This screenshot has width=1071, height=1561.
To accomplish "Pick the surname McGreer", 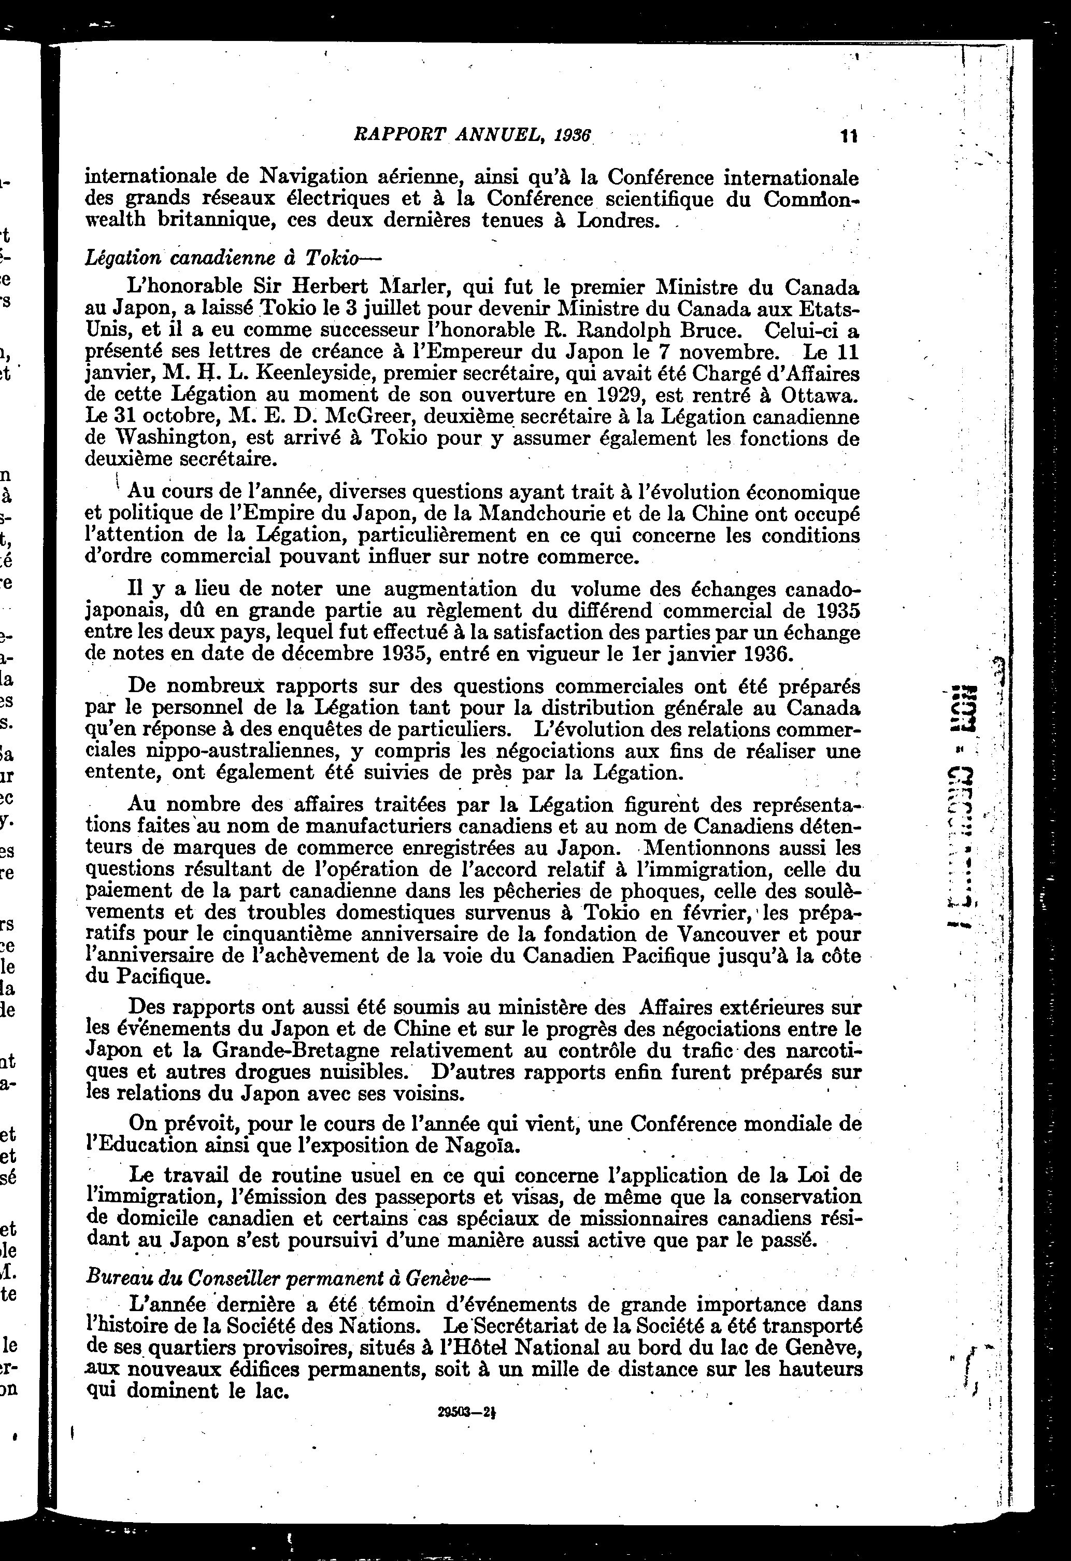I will point(365,417).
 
